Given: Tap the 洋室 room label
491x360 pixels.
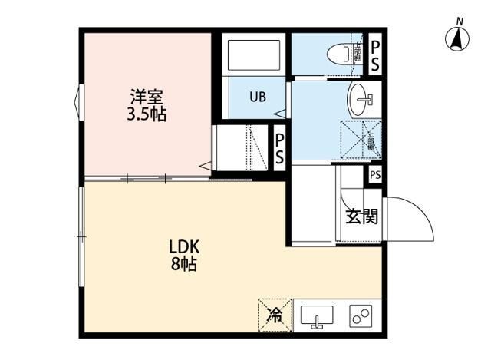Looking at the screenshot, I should pyautogui.click(x=146, y=97).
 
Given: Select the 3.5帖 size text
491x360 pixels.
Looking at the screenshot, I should pyautogui.click(x=146, y=115).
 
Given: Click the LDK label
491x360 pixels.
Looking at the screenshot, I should pyautogui.click(x=184, y=247).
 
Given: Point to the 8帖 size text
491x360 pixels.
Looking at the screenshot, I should pyautogui.click(x=184, y=266).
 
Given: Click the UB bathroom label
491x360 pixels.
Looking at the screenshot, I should pyautogui.click(x=257, y=97).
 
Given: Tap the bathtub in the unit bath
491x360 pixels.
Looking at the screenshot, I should pyautogui.click(x=253, y=55).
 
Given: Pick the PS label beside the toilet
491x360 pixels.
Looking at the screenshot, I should pyautogui.click(x=375, y=55).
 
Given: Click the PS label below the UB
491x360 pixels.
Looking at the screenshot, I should pyautogui.click(x=280, y=150).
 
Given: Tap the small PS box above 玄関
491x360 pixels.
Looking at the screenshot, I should pyautogui.click(x=374, y=176).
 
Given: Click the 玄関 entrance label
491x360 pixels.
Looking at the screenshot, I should pyautogui.click(x=361, y=216).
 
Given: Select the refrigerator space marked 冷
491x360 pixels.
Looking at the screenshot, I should pyautogui.click(x=274, y=313).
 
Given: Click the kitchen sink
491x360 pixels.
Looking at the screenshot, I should pyautogui.click(x=316, y=315).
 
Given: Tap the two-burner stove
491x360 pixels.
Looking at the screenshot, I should pyautogui.click(x=360, y=315).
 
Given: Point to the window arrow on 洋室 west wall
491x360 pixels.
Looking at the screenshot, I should pyautogui.click(x=78, y=101).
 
